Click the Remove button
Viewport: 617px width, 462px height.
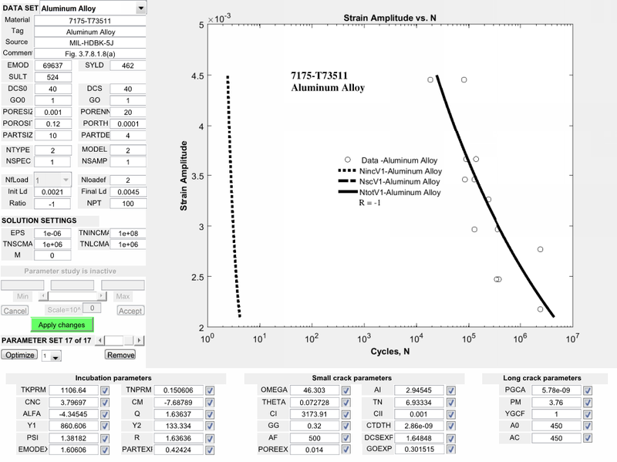pos(120,355)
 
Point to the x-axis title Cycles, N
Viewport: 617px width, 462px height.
pos(389,353)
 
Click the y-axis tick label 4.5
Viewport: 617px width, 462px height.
pos(197,76)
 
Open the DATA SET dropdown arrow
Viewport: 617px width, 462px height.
pos(140,8)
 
